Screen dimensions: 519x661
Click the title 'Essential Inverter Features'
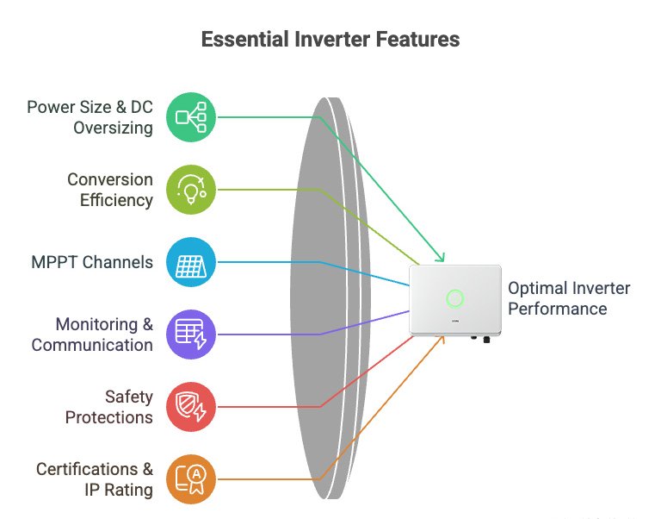330,40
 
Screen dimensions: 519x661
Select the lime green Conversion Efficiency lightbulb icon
190,190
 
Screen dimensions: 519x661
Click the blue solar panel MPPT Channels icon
190,262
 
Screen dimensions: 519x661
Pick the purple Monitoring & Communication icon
190,335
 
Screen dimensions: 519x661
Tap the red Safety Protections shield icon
190,407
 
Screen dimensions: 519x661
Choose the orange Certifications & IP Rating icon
190,479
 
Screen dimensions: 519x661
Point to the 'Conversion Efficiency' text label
110,190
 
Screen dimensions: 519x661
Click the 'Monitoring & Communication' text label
92,335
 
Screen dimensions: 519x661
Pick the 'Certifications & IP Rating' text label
95,479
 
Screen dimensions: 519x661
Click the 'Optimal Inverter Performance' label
569,298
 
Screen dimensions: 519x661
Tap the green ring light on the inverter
455,299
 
